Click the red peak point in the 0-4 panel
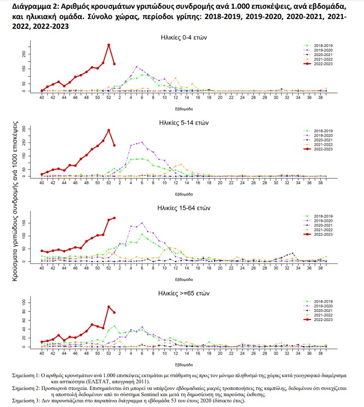(x=109, y=45)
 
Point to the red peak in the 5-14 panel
(x=109, y=130)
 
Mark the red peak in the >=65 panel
(x=109, y=307)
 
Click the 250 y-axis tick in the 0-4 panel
(x=24, y=54)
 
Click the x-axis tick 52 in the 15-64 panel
(x=109, y=269)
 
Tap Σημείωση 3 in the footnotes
(x=28, y=400)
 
